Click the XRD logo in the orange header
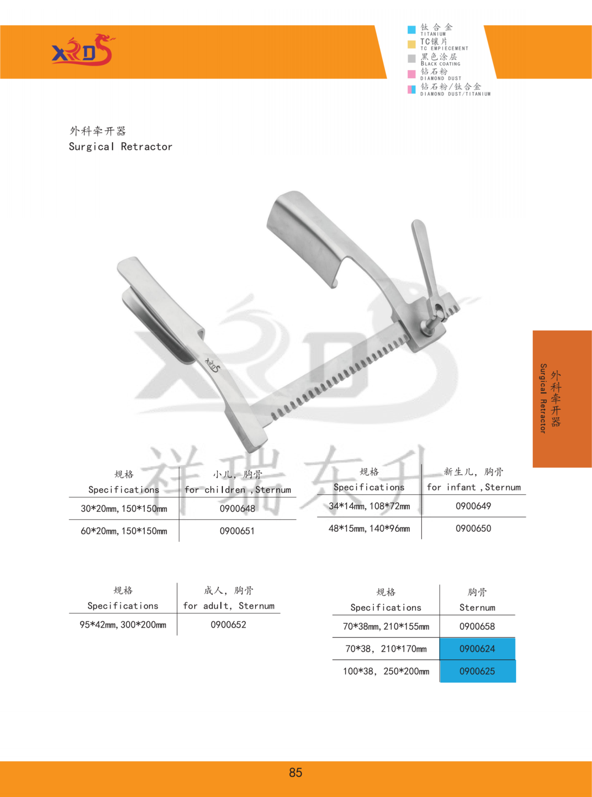[x=83, y=50]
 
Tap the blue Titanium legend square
[x=411, y=30]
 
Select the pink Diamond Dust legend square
[x=411, y=74]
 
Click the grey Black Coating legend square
[x=411, y=58]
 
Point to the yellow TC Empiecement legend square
[x=411, y=44]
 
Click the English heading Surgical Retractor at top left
[x=120, y=146]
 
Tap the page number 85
[x=296, y=772]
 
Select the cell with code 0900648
[x=237, y=509]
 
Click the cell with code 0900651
[x=237, y=531]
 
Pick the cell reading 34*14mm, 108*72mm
[x=369, y=506]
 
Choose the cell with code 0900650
[x=473, y=528]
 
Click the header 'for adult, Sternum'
[x=229, y=606]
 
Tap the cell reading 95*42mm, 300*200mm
[x=123, y=625]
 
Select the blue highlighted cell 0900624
[x=478, y=649]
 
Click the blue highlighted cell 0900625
[x=478, y=671]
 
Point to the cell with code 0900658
[x=477, y=626]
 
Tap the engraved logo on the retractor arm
[x=212, y=365]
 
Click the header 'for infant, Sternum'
[x=474, y=487]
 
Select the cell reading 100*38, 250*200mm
[x=386, y=671]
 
